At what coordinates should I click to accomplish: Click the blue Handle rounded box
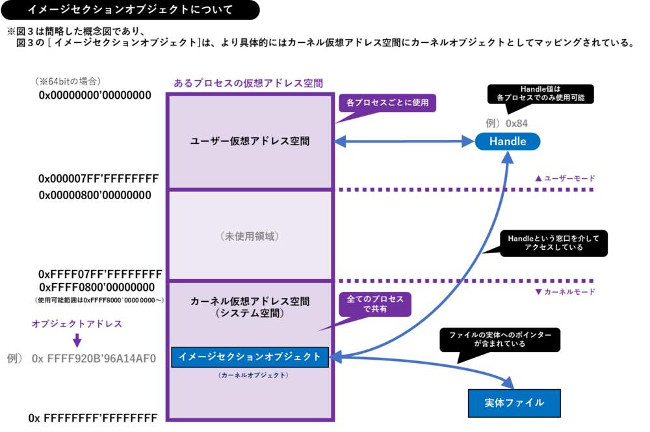[x=507, y=141]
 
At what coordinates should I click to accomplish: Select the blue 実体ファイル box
[x=513, y=403]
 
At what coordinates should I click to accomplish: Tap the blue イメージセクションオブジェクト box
[x=250, y=357]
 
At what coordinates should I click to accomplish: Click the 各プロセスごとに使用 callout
[x=387, y=103]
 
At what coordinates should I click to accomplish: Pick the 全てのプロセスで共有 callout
[x=375, y=304]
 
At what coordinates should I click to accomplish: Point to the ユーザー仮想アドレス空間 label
[x=250, y=141]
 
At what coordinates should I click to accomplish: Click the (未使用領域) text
[x=250, y=236]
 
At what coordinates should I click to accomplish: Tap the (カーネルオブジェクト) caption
[x=250, y=375]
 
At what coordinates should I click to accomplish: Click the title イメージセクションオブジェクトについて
[x=130, y=10]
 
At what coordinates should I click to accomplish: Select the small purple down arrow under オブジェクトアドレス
[x=77, y=340]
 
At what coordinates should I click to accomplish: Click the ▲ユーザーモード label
[x=564, y=178]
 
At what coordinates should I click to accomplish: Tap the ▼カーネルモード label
[x=564, y=292]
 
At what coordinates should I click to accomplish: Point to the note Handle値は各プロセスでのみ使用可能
[x=540, y=93]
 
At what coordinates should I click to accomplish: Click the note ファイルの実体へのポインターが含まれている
[x=500, y=339]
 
